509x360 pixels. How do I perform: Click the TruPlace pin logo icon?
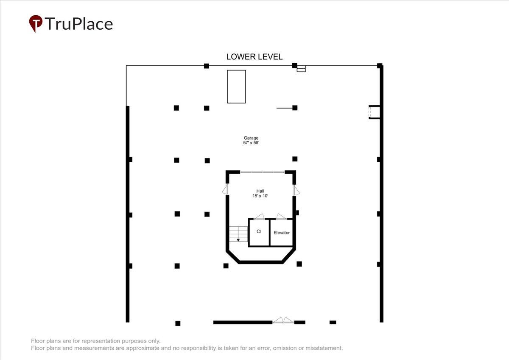coord(36,23)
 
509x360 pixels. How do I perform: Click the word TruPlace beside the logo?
coord(79,24)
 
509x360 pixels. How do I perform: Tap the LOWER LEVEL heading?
coord(254,56)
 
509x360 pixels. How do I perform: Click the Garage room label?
coord(251,138)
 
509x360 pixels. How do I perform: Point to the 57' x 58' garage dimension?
coord(251,143)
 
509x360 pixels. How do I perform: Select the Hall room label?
coord(260,191)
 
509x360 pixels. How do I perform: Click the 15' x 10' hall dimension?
coord(260,196)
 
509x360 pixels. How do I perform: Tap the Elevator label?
coord(282,233)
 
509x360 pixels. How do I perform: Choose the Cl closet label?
coord(259,231)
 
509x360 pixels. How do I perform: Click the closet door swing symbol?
coord(259,217)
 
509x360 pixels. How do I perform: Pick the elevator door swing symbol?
coord(281,217)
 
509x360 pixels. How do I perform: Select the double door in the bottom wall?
coord(283,320)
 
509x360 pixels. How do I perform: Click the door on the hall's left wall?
coord(225,189)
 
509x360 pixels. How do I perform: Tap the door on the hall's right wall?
coord(296,191)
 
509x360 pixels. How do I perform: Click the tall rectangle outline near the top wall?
coord(236,87)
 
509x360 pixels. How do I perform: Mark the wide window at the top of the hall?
coord(262,172)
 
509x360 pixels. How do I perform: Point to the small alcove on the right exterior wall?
coord(374,112)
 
